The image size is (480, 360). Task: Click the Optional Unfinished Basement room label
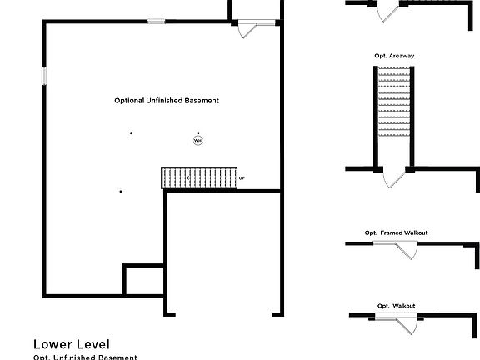click(x=167, y=100)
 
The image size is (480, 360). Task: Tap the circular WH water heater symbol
click(x=197, y=141)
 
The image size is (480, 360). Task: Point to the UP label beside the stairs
click(x=242, y=178)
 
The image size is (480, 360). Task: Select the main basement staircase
click(x=199, y=177)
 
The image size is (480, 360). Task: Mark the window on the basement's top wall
click(x=155, y=22)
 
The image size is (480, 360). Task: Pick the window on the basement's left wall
click(x=45, y=75)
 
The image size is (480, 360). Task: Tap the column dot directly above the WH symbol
click(x=197, y=132)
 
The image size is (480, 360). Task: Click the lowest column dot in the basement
click(x=121, y=192)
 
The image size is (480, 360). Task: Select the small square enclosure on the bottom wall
click(x=143, y=280)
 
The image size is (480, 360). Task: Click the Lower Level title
click(x=72, y=343)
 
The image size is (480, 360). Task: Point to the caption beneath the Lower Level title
click(x=85, y=357)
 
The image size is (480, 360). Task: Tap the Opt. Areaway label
click(x=394, y=56)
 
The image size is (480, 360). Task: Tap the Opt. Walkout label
click(x=396, y=306)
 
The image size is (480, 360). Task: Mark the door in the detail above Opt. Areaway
click(x=389, y=12)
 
